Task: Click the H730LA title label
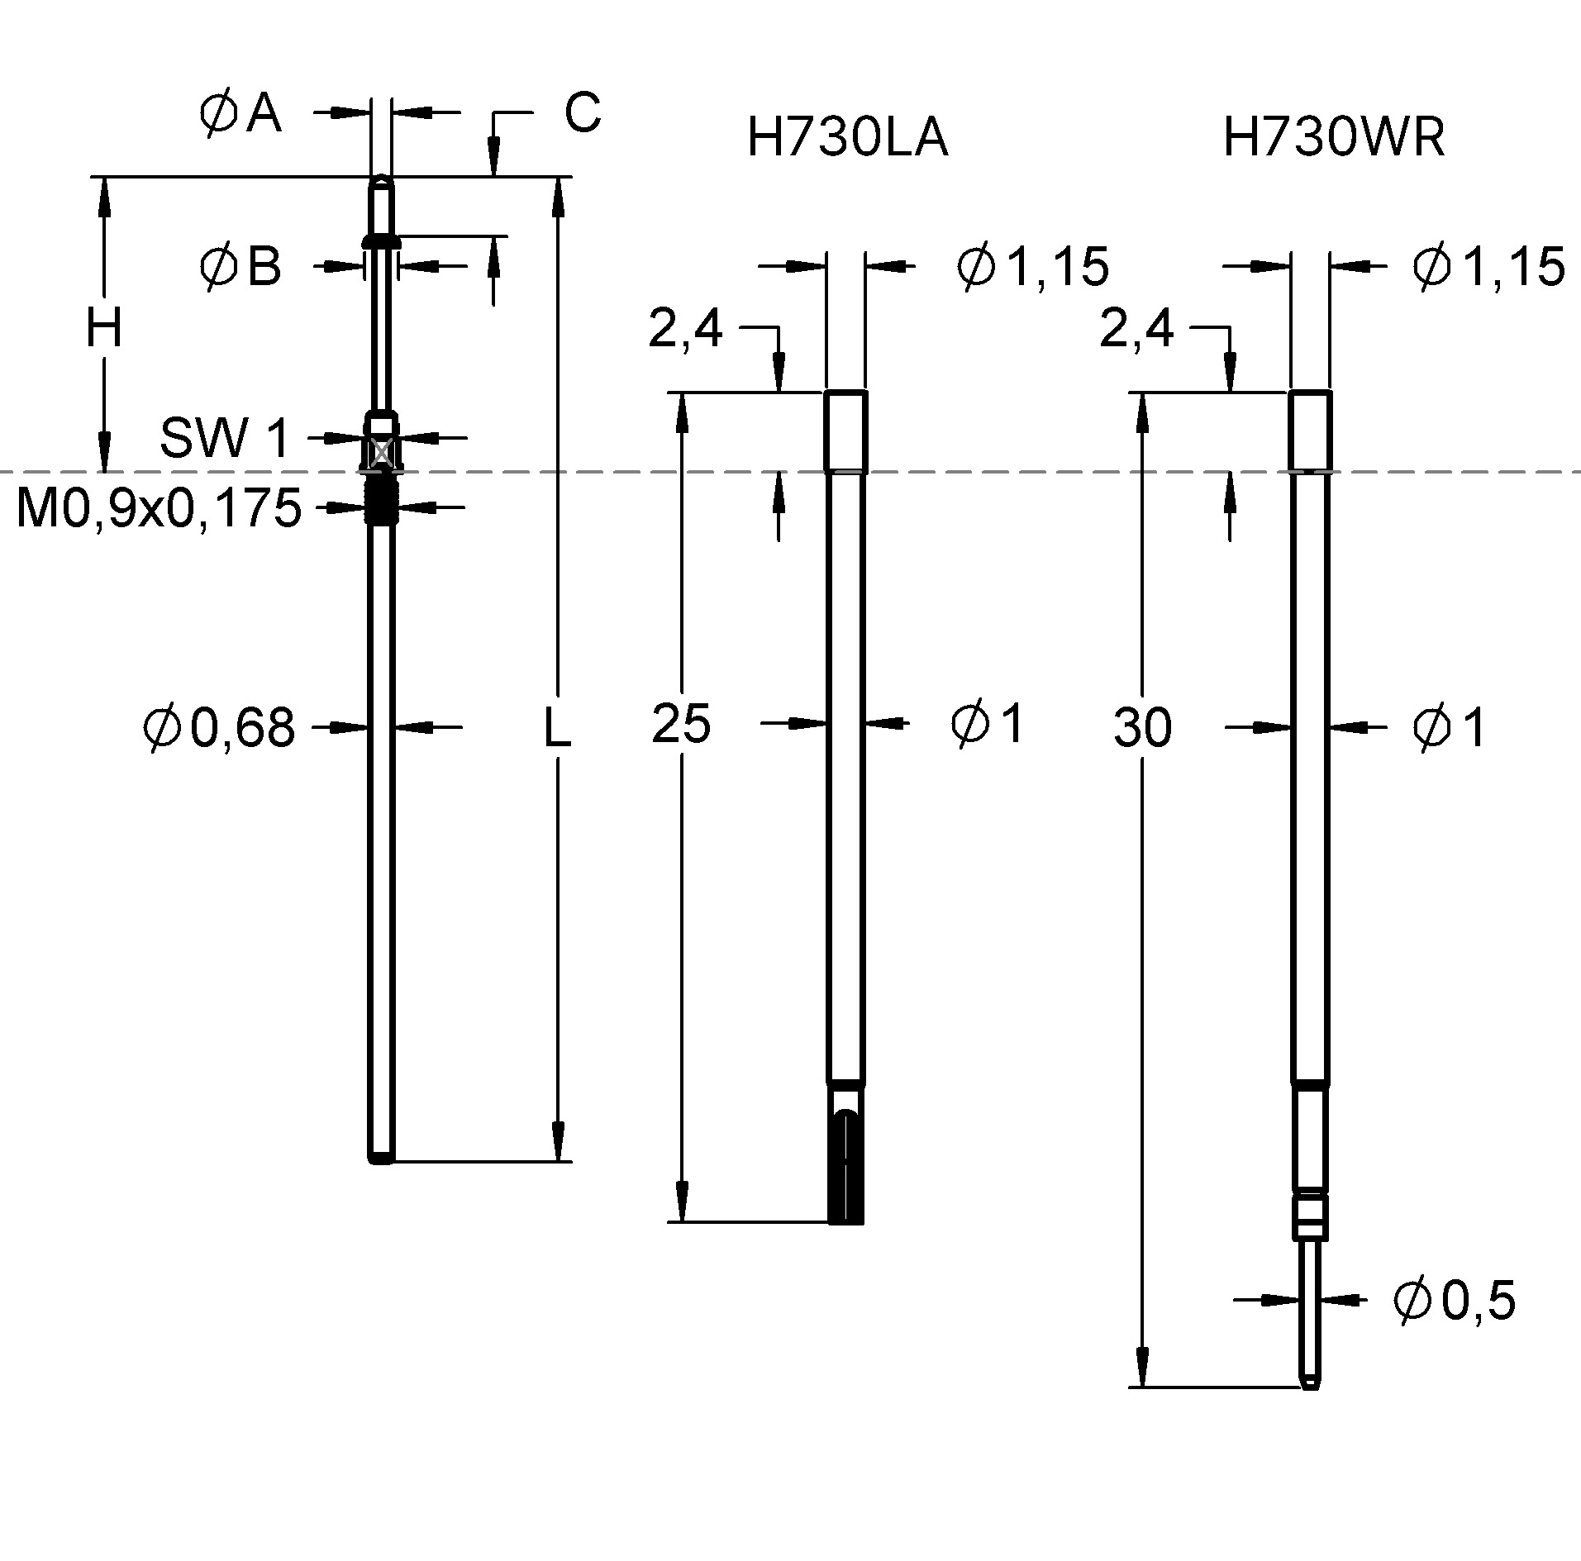coord(846,138)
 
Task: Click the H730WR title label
coord(1334,138)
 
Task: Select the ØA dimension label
coord(240,113)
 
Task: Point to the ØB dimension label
coord(240,267)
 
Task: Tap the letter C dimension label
coord(582,112)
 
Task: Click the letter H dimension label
coord(104,328)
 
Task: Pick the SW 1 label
coord(225,438)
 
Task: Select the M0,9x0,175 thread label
coord(159,508)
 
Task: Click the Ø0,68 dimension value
coord(219,728)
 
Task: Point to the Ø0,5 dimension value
coord(1454,1300)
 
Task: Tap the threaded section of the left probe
coord(381,503)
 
